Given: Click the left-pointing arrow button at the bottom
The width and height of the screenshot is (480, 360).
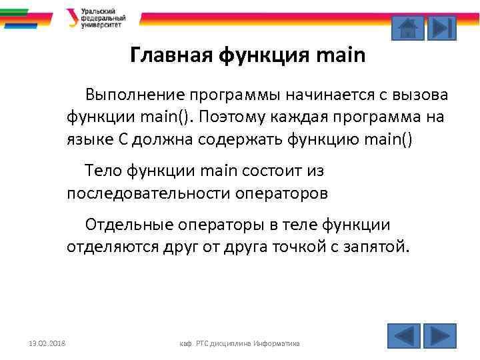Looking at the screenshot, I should click(403, 335).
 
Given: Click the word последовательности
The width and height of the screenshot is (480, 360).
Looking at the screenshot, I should click(147, 193).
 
